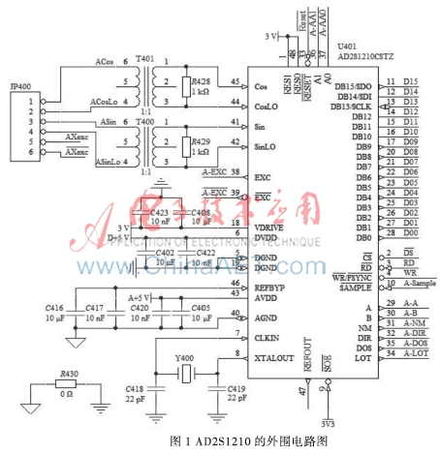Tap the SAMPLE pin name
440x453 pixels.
pos(355,287)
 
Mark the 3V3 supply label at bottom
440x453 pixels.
pos(331,422)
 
